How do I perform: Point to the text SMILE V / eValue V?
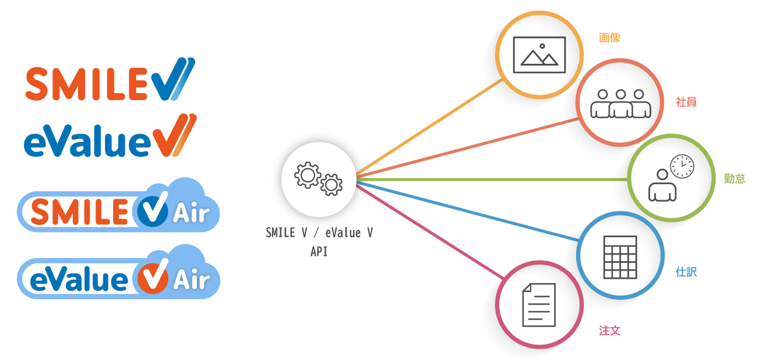(x=319, y=233)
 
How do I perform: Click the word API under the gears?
(x=319, y=252)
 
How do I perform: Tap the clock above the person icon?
(x=682, y=166)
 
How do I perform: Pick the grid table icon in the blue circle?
(x=620, y=256)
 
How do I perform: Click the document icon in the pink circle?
(x=539, y=305)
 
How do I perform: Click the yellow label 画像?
(x=610, y=38)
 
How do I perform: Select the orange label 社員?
(x=686, y=102)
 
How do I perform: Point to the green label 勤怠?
(x=735, y=178)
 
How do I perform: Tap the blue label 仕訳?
(x=686, y=272)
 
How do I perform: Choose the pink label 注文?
(x=610, y=331)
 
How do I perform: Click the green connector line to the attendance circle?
(x=489, y=179)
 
